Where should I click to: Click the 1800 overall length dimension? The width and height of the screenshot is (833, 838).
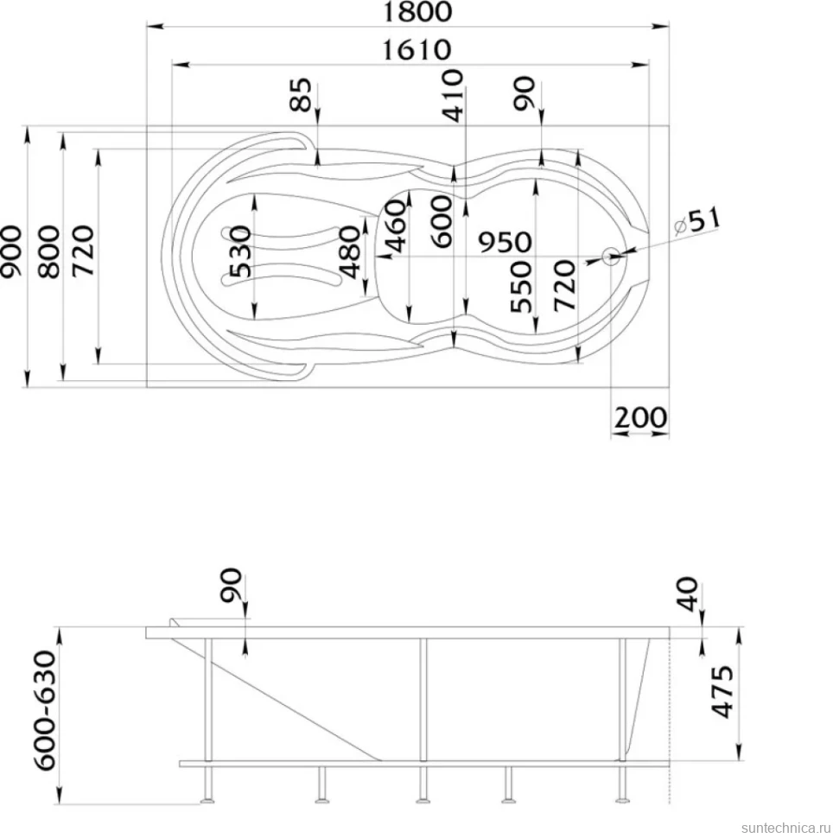[x=417, y=11]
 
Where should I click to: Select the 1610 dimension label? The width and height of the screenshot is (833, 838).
[x=417, y=50]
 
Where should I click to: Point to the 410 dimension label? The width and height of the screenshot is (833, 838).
[x=452, y=95]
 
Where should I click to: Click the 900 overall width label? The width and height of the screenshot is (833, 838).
[x=12, y=251]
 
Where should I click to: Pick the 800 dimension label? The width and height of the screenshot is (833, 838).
[x=49, y=251]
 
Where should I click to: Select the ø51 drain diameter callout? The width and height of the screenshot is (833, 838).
[x=697, y=221]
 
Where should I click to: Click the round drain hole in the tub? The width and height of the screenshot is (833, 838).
[x=610, y=257]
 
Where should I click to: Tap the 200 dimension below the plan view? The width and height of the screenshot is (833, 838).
[x=640, y=417]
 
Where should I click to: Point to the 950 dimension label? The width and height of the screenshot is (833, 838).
[x=505, y=242]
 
